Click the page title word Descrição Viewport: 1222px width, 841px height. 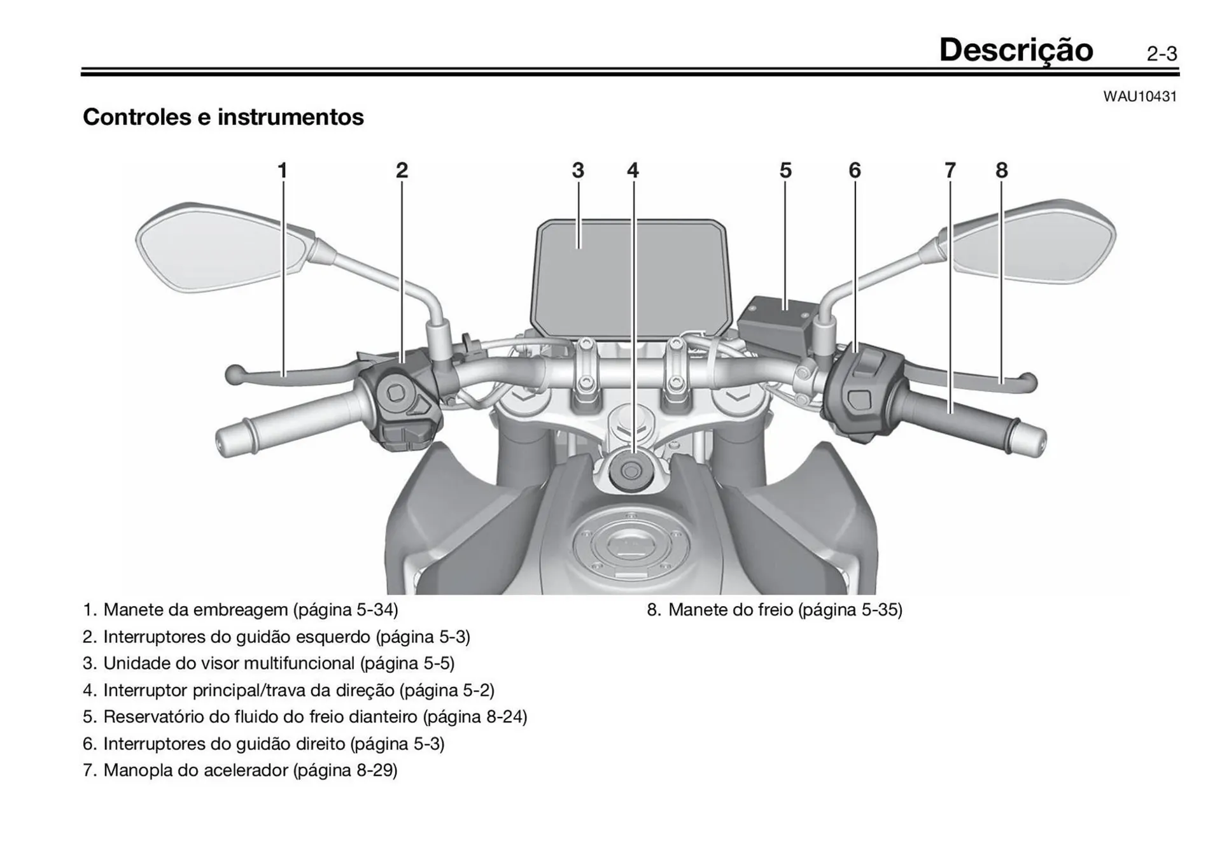(x=1016, y=50)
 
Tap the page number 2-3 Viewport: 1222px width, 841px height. (x=1162, y=54)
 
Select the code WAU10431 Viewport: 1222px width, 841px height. (x=1140, y=97)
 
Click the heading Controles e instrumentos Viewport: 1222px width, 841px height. (x=223, y=117)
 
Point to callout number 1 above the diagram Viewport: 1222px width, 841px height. (x=283, y=171)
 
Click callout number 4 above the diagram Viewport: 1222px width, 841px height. (x=633, y=171)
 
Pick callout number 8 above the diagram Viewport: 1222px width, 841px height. (x=1002, y=171)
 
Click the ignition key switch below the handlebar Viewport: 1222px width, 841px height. (x=631, y=472)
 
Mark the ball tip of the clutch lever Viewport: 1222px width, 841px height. (x=234, y=374)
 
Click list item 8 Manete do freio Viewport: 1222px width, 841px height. (x=774, y=610)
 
